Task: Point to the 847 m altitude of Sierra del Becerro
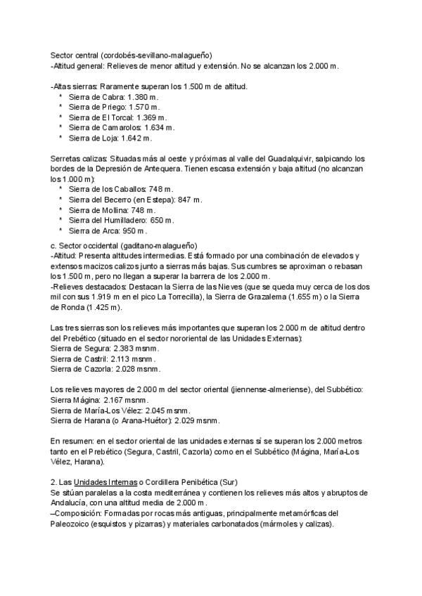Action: click(188, 200)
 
